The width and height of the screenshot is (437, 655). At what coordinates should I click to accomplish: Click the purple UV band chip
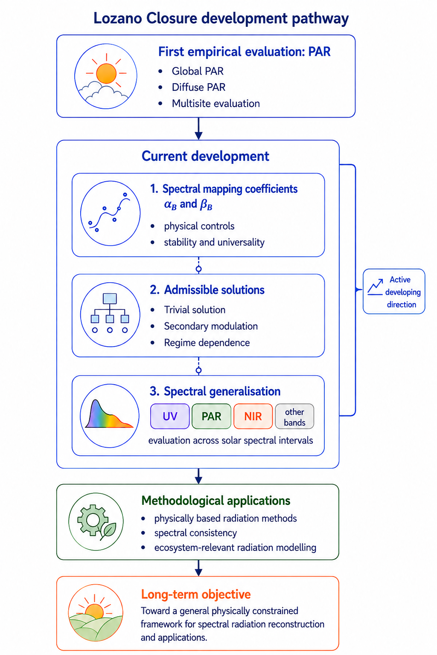click(x=170, y=416)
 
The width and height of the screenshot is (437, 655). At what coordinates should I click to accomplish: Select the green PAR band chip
click(x=211, y=416)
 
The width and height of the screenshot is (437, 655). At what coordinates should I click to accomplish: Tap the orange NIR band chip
click(x=253, y=416)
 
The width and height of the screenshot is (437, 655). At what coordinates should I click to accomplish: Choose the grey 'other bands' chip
click(x=294, y=416)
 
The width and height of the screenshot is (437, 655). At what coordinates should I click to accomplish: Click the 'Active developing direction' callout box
click(x=393, y=291)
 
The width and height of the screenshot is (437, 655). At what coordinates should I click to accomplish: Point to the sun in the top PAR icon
click(x=106, y=73)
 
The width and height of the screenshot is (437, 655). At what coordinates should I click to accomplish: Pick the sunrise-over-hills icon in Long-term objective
click(x=96, y=613)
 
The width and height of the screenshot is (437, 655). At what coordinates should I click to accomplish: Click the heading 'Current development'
click(x=205, y=156)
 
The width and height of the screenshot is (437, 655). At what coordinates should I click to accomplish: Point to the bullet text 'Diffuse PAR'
click(x=198, y=87)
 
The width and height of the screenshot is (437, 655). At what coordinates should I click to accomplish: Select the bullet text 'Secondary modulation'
click(x=211, y=326)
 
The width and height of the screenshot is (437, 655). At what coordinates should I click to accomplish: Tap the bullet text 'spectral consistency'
click(x=195, y=533)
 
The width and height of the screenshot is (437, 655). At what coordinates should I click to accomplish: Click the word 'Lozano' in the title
click(x=118, y=18)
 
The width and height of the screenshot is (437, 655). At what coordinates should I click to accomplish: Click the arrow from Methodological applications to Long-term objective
click(x=198, y=568)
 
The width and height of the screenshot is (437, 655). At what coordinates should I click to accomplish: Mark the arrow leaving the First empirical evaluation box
click(x=198, y=129)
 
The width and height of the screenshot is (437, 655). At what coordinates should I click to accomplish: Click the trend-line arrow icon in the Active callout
click(x=375, y=287)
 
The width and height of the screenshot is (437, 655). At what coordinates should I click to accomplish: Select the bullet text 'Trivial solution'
click(x=195, y=310)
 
